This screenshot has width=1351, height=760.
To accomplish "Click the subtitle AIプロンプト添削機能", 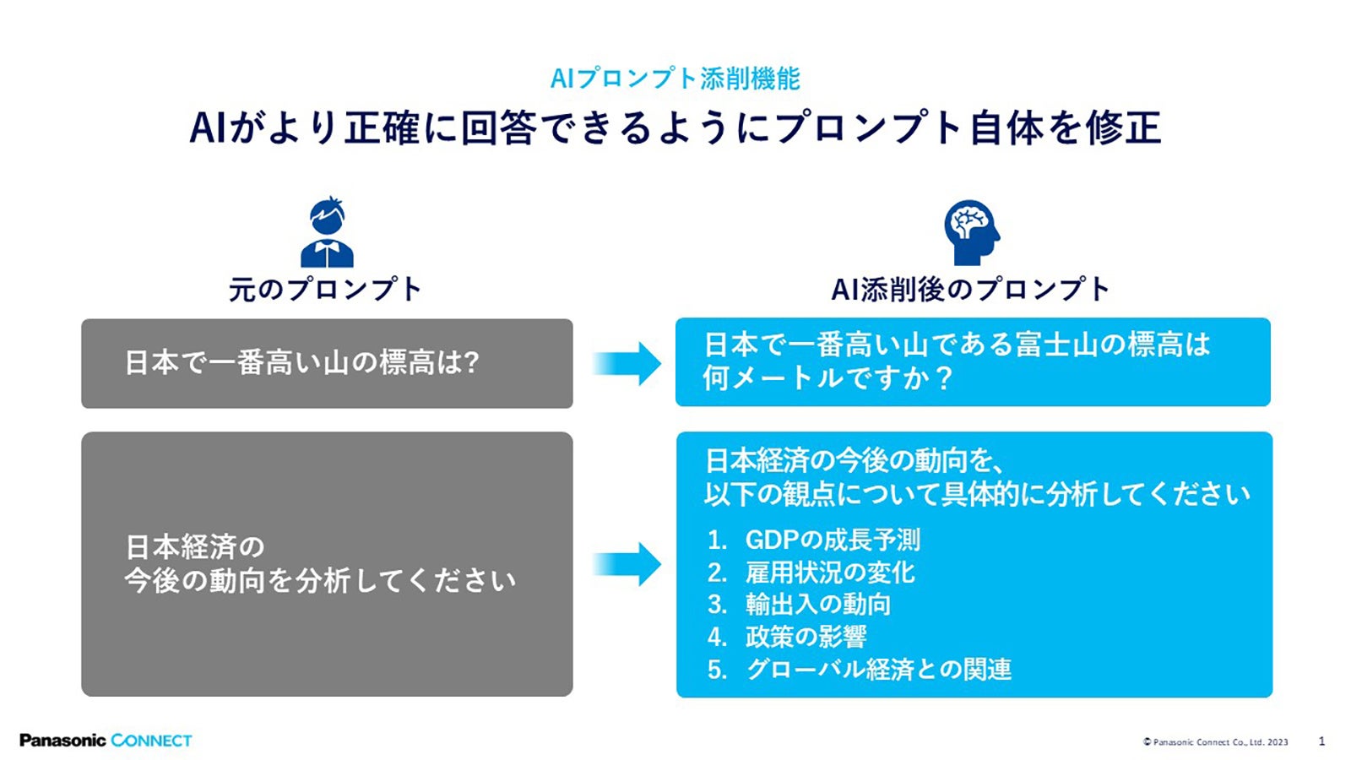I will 675,79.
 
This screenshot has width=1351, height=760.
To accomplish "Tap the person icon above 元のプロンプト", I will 327,233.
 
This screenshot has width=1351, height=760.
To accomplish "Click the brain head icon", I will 970,232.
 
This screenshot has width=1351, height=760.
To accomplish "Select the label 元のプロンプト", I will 325,290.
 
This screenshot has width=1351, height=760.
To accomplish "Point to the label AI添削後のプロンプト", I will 970,290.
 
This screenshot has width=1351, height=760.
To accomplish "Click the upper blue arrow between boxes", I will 627,364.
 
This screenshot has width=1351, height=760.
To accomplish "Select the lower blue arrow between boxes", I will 627,564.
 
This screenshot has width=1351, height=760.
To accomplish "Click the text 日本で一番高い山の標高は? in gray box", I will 301,363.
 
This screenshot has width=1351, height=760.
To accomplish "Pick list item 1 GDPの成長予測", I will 832,540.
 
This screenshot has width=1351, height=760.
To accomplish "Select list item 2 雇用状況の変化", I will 829,573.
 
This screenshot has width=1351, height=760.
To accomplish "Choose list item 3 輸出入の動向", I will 817,605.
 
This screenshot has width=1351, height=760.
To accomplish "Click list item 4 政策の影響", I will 806,637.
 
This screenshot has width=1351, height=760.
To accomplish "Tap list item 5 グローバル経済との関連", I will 878,670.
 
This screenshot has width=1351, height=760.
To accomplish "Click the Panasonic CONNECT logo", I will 106,741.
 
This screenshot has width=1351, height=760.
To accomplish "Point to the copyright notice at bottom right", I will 1215,742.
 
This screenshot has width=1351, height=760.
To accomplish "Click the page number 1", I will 1321,741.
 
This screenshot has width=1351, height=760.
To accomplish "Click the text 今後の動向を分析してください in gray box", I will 320,581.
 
